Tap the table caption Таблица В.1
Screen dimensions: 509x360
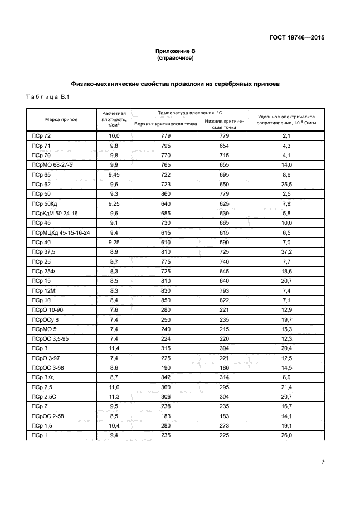(x=47, y=98)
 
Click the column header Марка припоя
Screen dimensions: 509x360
(x=61, y=119)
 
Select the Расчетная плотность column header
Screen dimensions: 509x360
(x=114, y=119)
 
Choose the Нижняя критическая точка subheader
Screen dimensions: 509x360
(x=224, y=124)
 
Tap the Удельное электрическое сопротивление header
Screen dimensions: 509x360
(x=286, y=119)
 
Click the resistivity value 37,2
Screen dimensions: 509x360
(x=286, y=252)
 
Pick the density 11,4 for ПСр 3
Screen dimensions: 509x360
(x=114, y=348)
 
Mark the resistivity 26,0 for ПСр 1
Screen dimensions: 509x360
(x=286, y=435)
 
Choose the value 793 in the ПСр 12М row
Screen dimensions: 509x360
(x=224, y=290)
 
